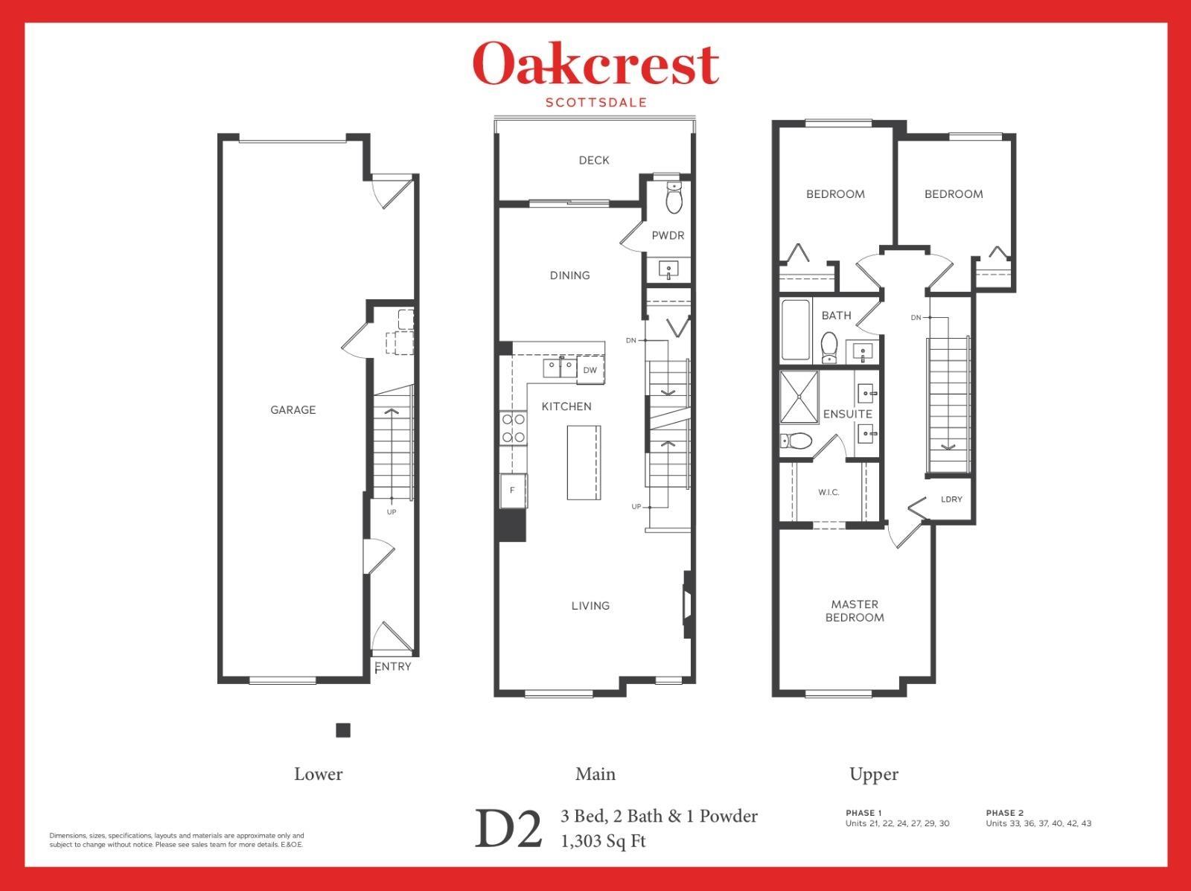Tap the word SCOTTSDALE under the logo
[x=595, y=103]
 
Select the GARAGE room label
[x=293, y=409]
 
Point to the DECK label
[x=594, y=160]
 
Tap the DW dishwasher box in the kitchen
[x=590, y=370]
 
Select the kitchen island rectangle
[x=584, y=462]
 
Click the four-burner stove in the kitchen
[x=513, y=429]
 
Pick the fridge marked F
[x=512, y=491]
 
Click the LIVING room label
[x=590, y=606]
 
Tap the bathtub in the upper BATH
[x=795, y=330]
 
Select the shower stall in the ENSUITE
[x=799, y=396]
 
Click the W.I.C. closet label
[x=828, y=492]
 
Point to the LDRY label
[x=951, y=499]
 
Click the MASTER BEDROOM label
[x=855, y=610]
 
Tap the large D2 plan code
[x=508, y=830]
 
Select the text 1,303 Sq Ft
[x=603, y=841]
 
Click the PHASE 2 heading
[x=1005, y=813]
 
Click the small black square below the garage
[x=343, y=730]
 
